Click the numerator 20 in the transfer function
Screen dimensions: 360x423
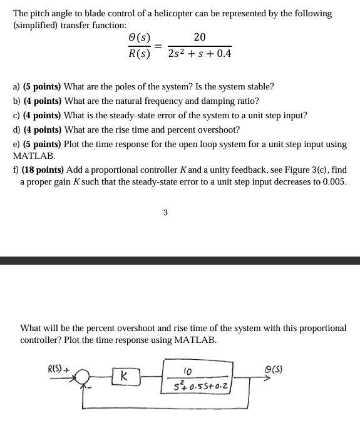(x=200, y=38)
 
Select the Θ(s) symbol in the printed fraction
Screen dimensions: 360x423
(x=138, y=38)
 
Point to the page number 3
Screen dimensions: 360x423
(x=165, y=212)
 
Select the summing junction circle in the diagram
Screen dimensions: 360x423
(x=84, y=377)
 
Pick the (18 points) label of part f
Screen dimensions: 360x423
(x=44, y=170)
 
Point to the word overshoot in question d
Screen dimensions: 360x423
(x=219, y=130)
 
